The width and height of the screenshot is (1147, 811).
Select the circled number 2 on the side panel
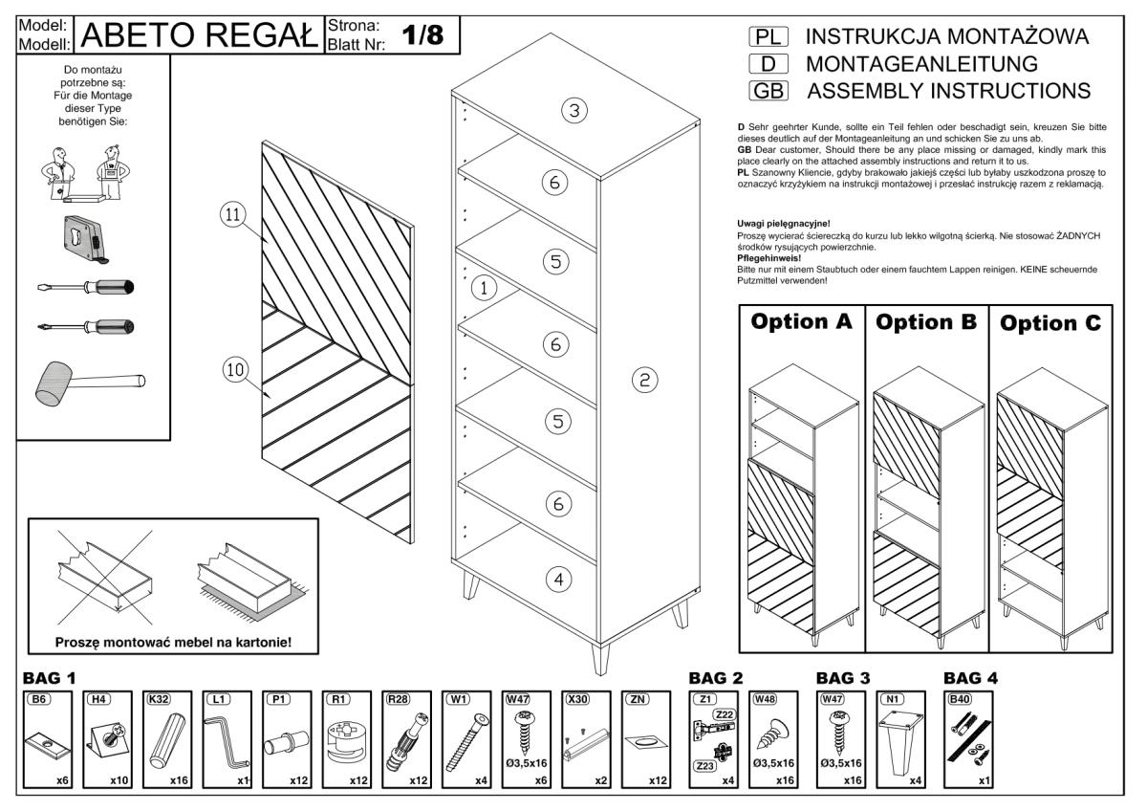pos(644,381)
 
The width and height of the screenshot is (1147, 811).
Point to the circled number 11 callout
pos(230,215)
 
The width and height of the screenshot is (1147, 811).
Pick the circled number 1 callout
pos(485,286)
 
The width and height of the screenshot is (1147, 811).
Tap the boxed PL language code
pos(769,37)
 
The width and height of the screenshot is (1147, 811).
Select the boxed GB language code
pos(769,91)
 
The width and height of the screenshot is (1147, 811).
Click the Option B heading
pos(925,322)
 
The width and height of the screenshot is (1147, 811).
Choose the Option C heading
pos(1050,323)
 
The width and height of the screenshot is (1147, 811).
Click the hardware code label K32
pos(158,699)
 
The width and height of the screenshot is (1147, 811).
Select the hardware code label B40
pos(959,699)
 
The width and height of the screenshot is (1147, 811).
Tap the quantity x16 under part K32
pos(179,779)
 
